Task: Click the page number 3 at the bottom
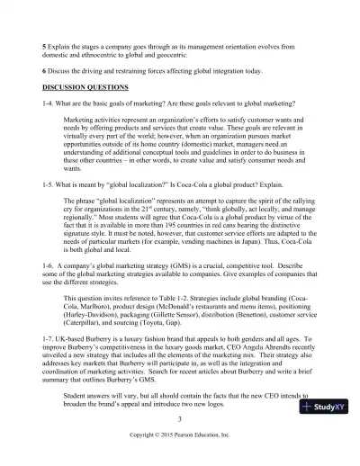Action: pyautogui.click(x=180, y=418)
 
